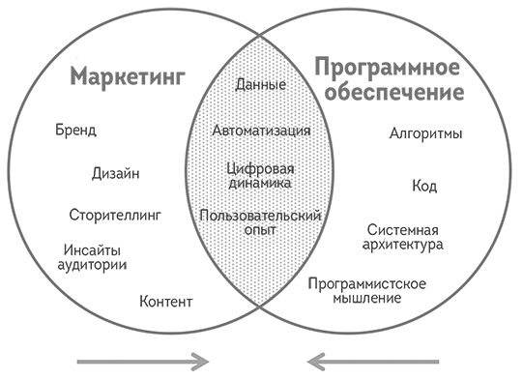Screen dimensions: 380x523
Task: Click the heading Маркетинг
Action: tap(128, 77)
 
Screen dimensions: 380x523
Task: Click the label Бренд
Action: tap(76, 130)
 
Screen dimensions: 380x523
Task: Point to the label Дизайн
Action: tap(116, 173)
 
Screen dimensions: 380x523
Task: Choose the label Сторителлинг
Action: tap(115, 214)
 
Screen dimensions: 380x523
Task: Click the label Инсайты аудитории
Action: tap(96, 255)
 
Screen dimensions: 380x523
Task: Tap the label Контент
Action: tap(166, 302)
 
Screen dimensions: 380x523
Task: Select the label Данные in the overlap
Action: tap(261, 85)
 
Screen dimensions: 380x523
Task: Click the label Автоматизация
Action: tap(261, 129)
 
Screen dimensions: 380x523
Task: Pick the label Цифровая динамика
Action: tap(261, 175)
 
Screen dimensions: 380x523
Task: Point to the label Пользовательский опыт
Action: tap(261, 221)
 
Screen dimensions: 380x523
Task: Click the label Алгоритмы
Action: tap(425, 134)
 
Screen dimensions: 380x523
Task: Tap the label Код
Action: tap(424, 186)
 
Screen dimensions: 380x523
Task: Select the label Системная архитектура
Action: tap(405, 237)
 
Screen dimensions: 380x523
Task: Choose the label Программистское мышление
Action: tap(367, 290)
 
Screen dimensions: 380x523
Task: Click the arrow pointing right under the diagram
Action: tap(143, 362)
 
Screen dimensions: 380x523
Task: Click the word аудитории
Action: tap(96, 263)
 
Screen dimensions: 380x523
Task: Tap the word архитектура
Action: tap(405, 245)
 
